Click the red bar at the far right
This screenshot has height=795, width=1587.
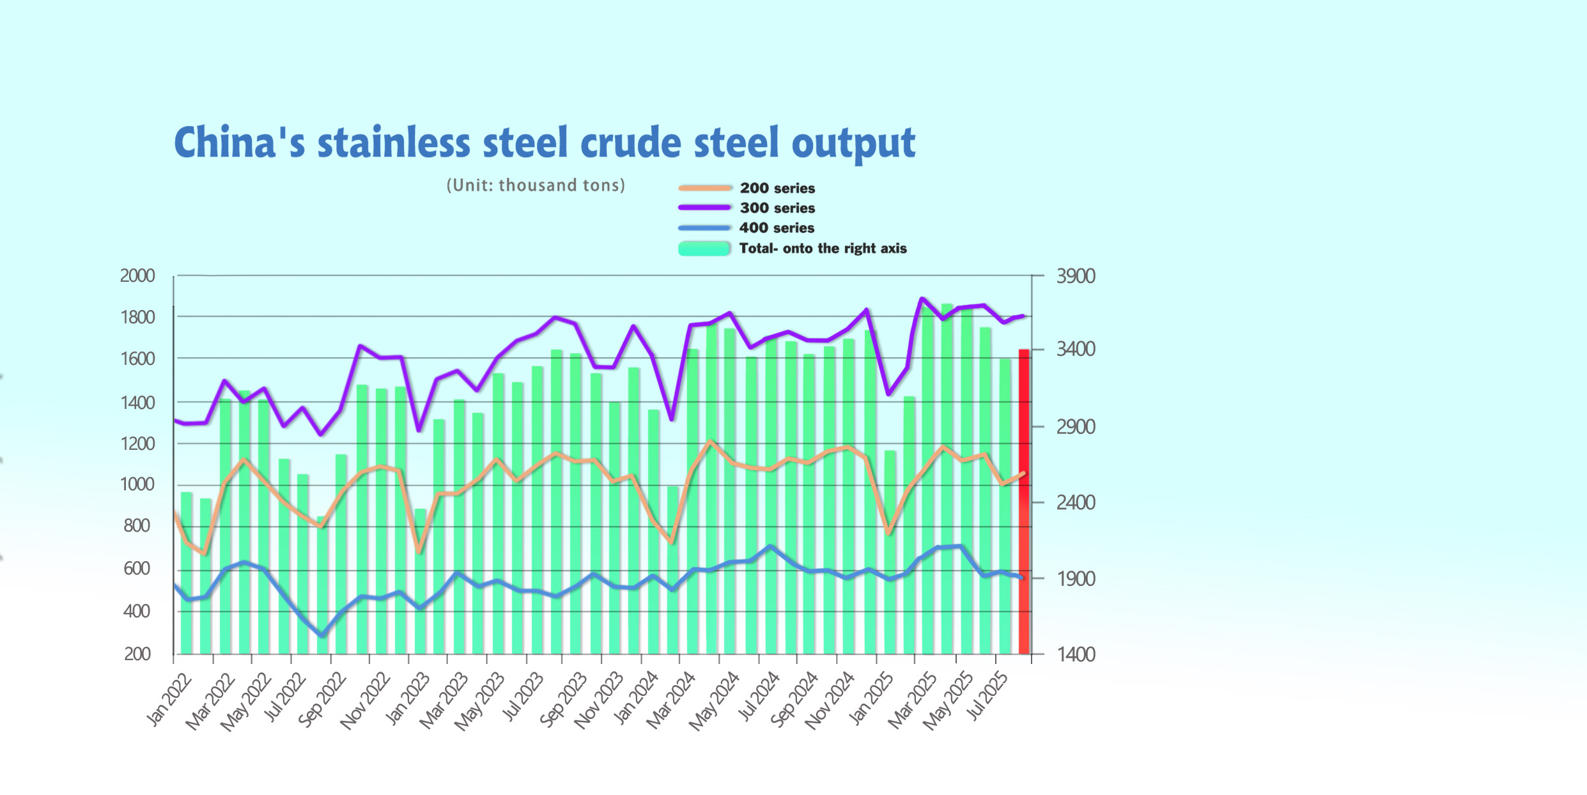(1023, 502)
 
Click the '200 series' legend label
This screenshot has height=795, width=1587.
(777, 189)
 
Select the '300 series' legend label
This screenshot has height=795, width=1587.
(777, 208)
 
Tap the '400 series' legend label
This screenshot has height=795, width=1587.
(777, 228)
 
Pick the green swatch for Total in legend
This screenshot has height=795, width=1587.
(704, 249)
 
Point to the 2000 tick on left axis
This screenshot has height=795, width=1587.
(137, 276)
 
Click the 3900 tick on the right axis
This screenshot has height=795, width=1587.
(1076, 277)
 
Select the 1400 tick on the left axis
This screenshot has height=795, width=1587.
(137, 403)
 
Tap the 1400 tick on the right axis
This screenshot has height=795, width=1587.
(1076, 654)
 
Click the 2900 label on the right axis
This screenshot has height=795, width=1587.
(1076, 427)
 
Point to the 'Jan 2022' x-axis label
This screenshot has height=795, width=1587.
(169, 699)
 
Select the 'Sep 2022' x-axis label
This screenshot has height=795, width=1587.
(322, 699)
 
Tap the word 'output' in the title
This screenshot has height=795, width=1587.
(853, 144)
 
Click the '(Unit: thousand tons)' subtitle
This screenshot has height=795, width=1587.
(536, 185)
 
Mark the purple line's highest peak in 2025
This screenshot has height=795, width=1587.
(922, 298)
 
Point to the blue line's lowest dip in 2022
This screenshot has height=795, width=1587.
(321, 635)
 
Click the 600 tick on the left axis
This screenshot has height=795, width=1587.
(137, 568)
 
